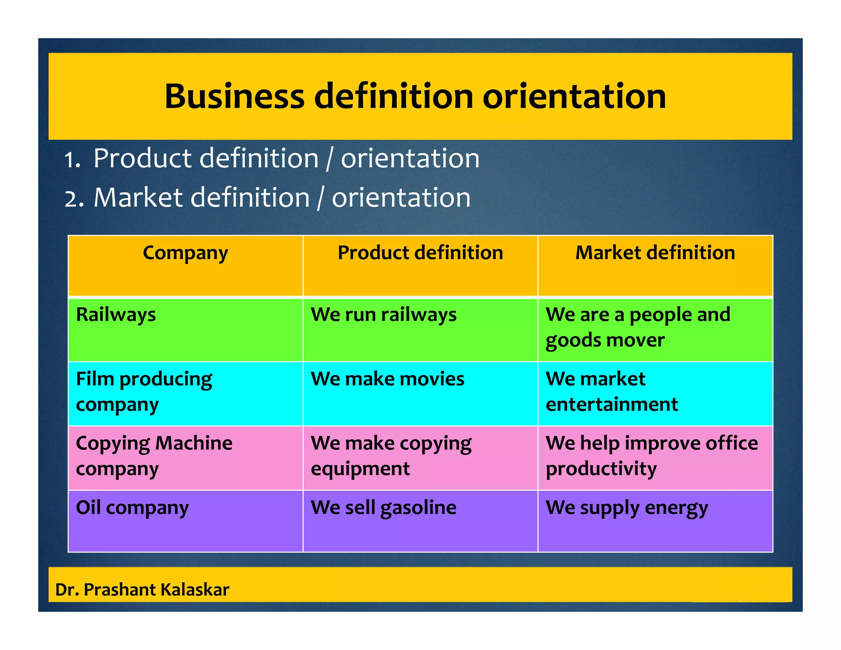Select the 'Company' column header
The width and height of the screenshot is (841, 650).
(x=185, y=253)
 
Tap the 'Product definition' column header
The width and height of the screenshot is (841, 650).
(x=420, y=253)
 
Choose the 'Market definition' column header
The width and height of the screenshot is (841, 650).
(x=655, y=253)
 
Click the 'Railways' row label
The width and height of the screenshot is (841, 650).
(x=116, y=315)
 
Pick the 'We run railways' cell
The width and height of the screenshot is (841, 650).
(x=384, y=315)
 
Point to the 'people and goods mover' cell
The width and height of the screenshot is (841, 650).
(x=638, y=327)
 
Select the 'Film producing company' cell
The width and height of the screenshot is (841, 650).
(x=144, y=392)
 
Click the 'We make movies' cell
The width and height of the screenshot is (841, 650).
(x=387, y=379)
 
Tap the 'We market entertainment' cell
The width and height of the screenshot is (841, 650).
(x=611, y=392)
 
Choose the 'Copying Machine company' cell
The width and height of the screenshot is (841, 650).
(x=154, y=456)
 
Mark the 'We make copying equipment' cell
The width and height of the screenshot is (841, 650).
(x=391, y=456)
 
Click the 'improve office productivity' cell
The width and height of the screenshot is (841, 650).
(x=652, y=456)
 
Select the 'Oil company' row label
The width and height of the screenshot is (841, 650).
(x=132, y=508)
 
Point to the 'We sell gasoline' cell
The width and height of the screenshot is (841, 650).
(x=384, y=508)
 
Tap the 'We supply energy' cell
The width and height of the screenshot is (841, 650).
(x=627, y=508)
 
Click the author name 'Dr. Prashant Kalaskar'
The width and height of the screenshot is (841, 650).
(x=142, y=590)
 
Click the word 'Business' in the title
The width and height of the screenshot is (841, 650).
(x=234, y=96)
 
